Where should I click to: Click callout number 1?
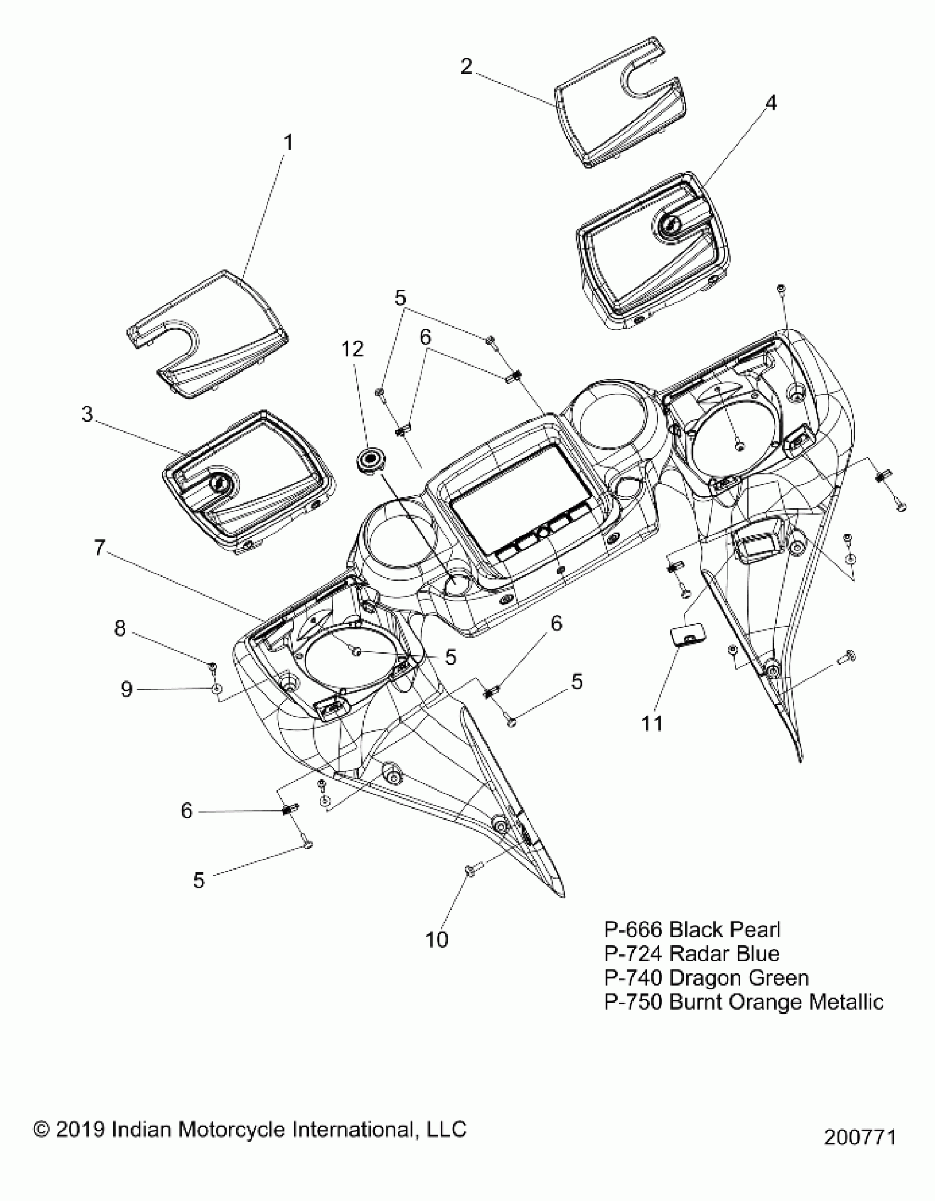click(x=288, y=143)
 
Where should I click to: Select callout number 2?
click(x=466, y=67)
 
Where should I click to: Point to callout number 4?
click(x=771, y=103)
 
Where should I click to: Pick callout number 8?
click(x=120, y=628)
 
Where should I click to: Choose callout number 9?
click(x=127, y=689)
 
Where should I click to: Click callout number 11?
click(x=653, y=724)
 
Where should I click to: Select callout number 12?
click(x=353, y=348)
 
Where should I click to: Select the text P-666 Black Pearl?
click(x=692, y=929)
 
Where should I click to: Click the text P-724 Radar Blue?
click(x=692, y=953)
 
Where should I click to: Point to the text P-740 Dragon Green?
click(x=707, y=977)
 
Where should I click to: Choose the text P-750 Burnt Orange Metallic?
click(x=744, y=1001)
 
